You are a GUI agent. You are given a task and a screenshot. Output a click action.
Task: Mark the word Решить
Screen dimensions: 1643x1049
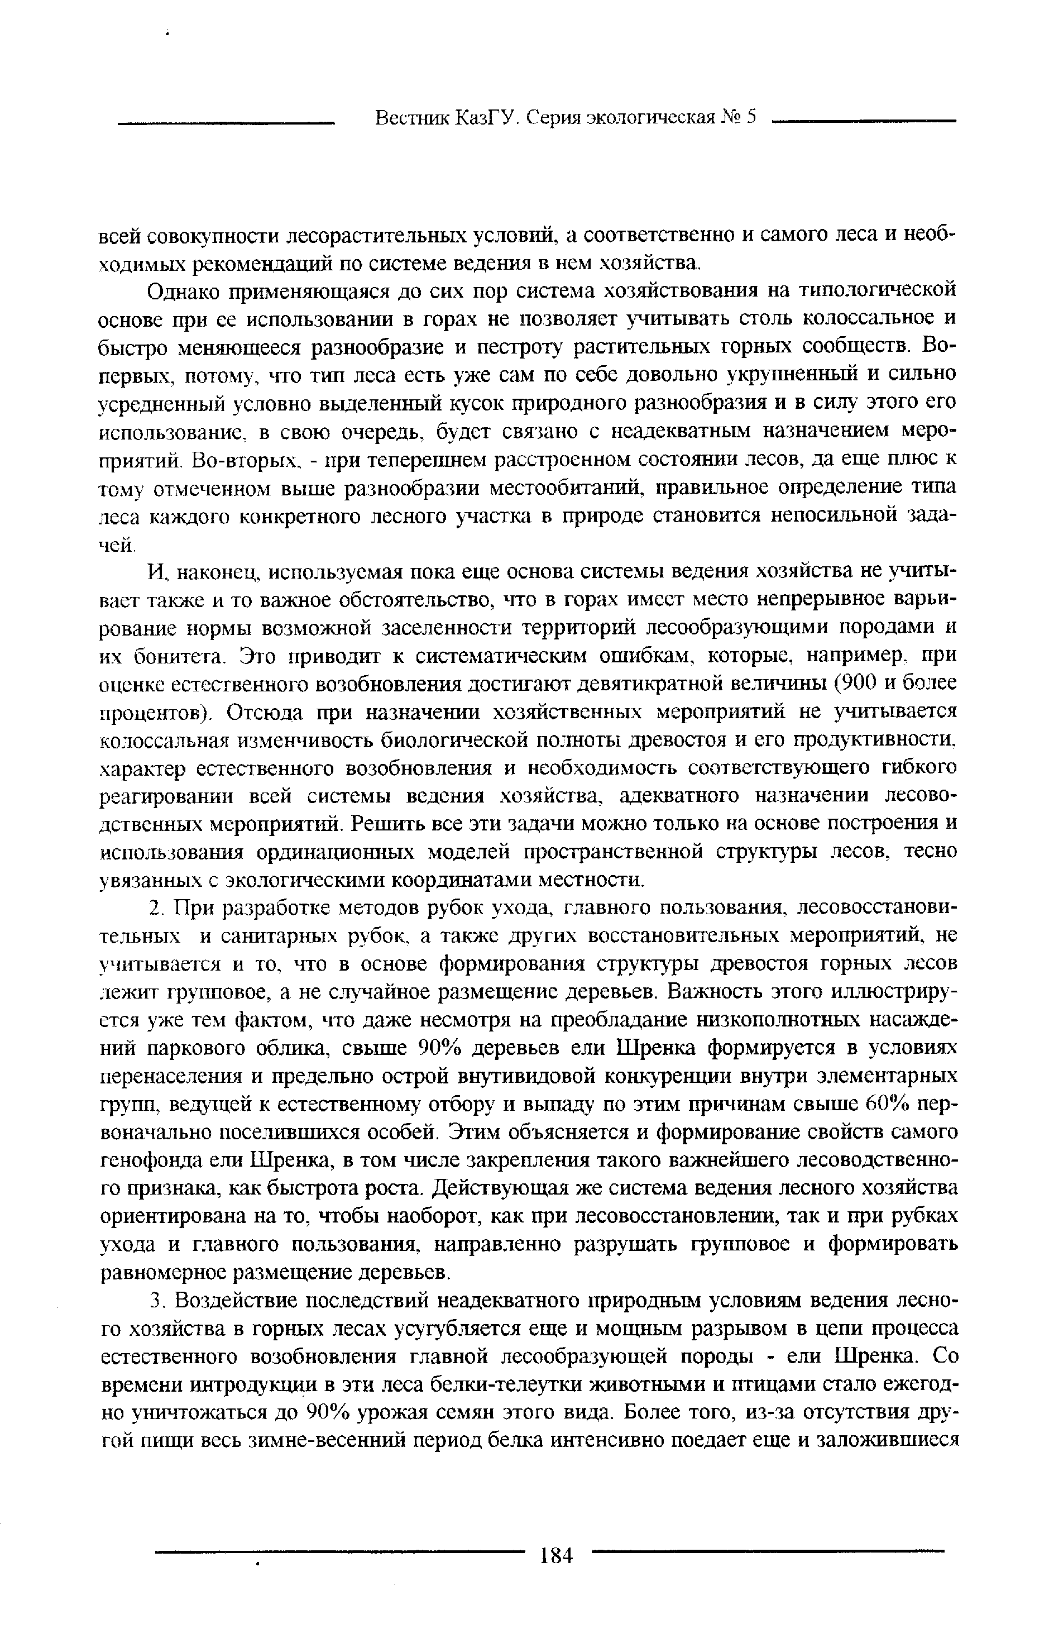point(379,824)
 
